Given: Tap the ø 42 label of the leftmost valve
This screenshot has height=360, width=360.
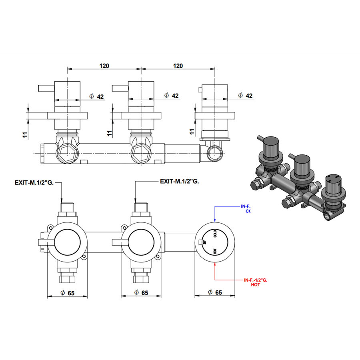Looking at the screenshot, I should tap(96, 96).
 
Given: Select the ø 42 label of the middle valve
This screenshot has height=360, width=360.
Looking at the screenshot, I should tap(171, 96).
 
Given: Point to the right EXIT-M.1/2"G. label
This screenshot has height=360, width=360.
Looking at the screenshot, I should tap(179, 181).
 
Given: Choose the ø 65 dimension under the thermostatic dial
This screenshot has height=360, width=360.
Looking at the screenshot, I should tap(215, 293).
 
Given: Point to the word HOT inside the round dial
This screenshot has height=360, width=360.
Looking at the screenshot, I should tap(215, 251).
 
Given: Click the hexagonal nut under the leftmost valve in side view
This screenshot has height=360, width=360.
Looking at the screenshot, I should tap(66, 152).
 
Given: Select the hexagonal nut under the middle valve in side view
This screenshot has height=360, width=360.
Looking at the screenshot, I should tap(141, 152).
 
